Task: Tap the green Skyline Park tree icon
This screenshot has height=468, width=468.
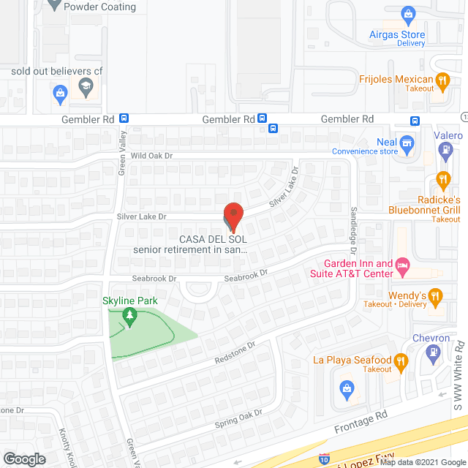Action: tap(129, 317)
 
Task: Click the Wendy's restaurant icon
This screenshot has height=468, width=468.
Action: tap(436, 296)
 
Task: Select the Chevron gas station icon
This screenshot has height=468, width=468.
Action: tap(433, 352)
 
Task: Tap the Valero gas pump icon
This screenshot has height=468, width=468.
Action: tap(444, 150)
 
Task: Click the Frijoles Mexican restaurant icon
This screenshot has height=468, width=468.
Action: tap(442, 80)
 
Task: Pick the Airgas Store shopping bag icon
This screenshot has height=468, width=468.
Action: tap(408, 13)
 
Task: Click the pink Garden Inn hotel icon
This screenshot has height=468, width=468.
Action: tap(402, 264)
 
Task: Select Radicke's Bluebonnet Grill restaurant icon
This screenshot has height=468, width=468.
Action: tap(442, 179)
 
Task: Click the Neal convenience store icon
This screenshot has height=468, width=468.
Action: tap(408, 142)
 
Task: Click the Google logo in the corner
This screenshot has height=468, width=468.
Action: tap(24, 458)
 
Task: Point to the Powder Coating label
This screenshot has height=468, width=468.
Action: tap(101, 7)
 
